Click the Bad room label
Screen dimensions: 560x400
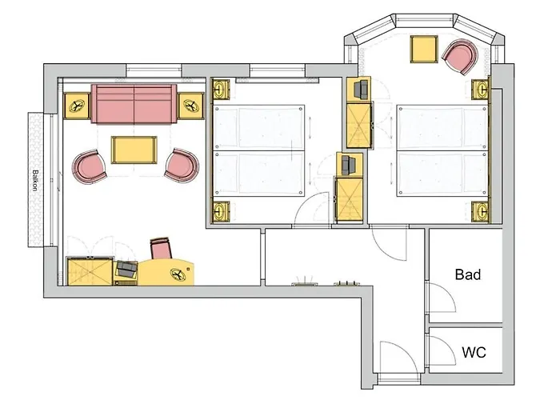pos(468,274)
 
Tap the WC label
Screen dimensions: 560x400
pos(474,352)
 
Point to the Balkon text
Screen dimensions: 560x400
pos(35,180)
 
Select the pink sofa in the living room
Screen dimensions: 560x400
pos(134,104)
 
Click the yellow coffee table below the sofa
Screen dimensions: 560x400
pos(134,150)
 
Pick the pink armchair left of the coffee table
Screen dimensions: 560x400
pos(90,166)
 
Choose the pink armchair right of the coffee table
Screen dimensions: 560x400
pos(182,165)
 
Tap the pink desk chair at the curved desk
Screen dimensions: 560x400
pos(161,248)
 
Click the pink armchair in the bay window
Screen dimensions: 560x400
pos(460,57)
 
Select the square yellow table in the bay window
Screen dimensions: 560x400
pos(424,50)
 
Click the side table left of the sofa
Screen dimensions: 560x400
pos(77,106)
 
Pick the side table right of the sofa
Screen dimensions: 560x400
pos(191,106)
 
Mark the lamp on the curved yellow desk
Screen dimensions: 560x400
pos(178,274)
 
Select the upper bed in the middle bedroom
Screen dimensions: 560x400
pos(259,127)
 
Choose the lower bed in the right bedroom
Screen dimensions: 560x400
pos(442,174)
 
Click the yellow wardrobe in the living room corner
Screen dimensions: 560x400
pos(90,271)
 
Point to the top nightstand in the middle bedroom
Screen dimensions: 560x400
pos(222,89)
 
